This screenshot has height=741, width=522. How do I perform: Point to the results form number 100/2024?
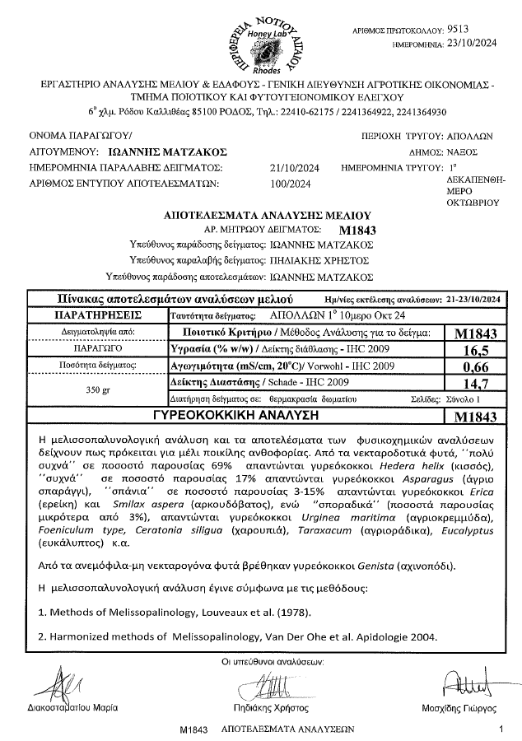click(x=287, y=184)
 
